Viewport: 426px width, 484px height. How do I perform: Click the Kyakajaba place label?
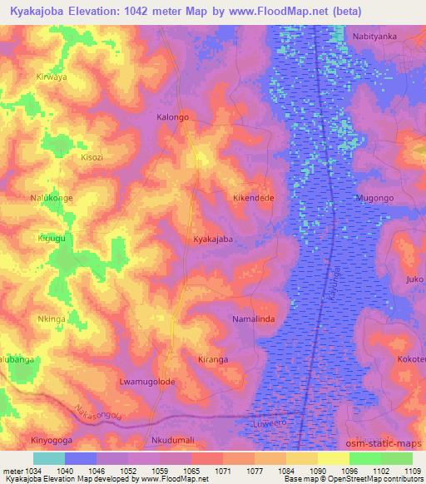pos(212,239)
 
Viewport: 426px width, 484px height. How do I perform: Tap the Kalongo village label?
pos(173,117)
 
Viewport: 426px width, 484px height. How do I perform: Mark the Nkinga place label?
pos(53,318)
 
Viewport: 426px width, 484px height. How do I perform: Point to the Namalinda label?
pos(253,319)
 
